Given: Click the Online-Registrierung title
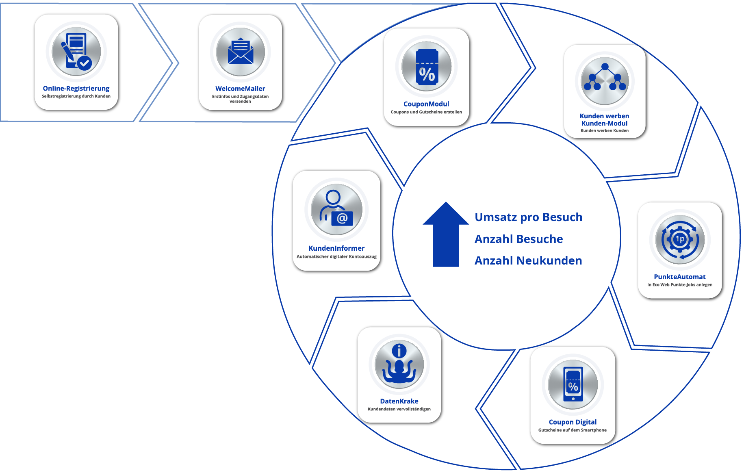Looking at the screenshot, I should point(76,89).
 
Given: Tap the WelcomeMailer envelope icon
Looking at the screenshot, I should point(241,52).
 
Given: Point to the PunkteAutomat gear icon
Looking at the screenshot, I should point(680,240).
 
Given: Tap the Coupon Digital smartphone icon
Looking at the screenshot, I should point(573,384).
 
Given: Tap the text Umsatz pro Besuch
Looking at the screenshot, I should point(528,217).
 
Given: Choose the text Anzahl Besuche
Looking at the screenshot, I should point(518,239).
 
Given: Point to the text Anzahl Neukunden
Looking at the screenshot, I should point(528,261).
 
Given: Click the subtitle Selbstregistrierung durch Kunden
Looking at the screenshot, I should point(76,96).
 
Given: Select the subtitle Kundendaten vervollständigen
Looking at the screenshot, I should point(399,409).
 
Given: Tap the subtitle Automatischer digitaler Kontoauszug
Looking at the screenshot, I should point(336,257).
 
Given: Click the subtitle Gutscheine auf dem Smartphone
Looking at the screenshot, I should point(572,430).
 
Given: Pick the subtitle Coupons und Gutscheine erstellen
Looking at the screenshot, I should point(426,112).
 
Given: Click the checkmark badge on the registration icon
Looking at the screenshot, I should point(85,63).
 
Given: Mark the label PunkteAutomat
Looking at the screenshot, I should point(679,277).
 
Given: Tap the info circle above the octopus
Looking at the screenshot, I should point(399,351).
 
